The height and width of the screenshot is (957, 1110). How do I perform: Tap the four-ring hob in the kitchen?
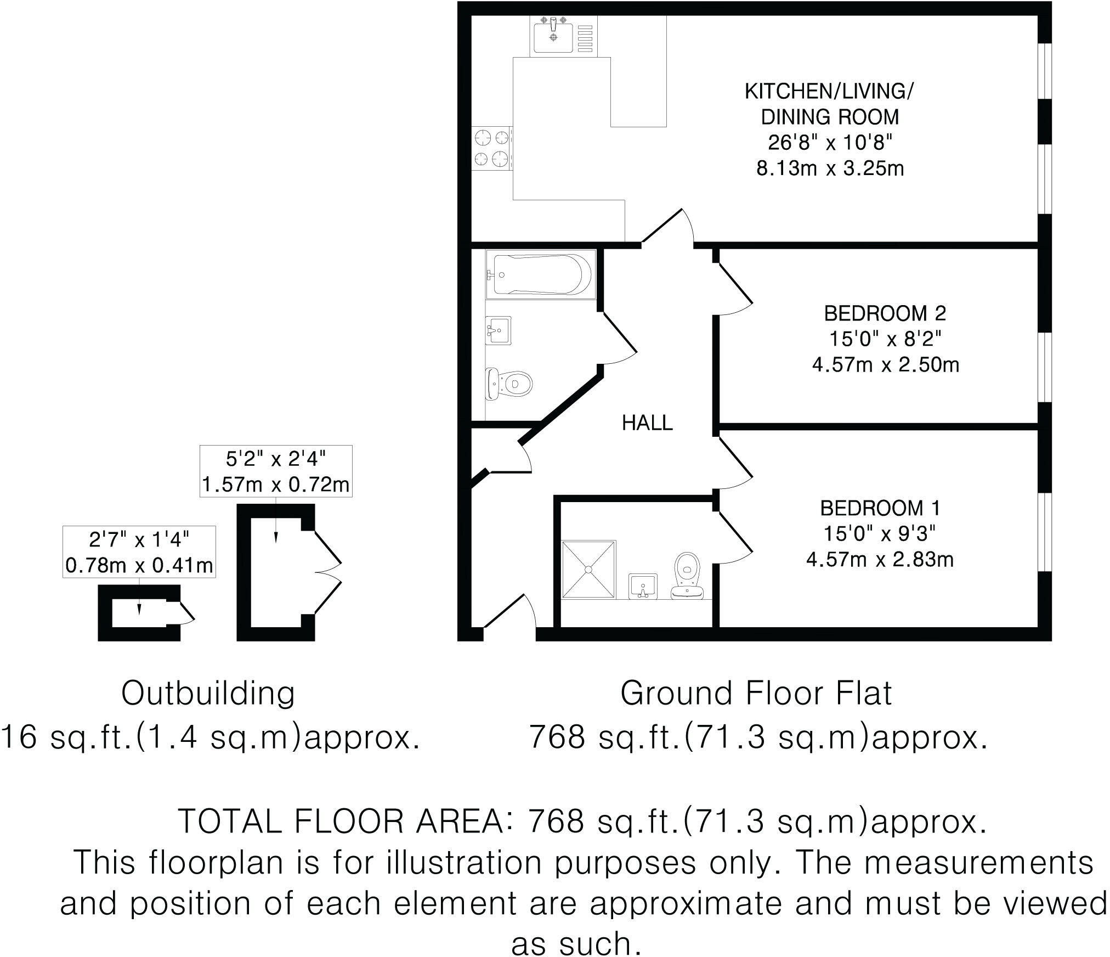491,148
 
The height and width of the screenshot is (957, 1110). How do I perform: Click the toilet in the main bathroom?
509,383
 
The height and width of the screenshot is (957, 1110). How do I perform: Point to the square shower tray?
588,569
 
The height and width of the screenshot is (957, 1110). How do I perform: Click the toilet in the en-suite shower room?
688,576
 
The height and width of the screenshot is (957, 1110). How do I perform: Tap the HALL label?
647,423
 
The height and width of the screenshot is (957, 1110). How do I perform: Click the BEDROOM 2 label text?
885,313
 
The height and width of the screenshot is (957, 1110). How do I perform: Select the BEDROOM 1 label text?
880,508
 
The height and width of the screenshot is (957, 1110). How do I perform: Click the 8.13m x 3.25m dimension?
830,168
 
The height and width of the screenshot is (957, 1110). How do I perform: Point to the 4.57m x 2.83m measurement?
880,560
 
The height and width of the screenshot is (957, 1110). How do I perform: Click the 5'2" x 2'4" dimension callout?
275,458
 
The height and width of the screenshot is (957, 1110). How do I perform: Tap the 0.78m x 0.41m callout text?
139,565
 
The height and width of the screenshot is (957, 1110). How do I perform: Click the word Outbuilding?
208,693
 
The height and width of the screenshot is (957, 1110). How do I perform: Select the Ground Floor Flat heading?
756,693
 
